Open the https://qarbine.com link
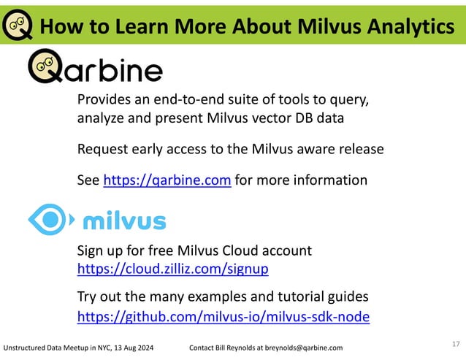pos(167,180)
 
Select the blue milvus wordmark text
pos(124,221)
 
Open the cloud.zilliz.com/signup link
pos(172,269)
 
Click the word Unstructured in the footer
pos(26,347)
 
